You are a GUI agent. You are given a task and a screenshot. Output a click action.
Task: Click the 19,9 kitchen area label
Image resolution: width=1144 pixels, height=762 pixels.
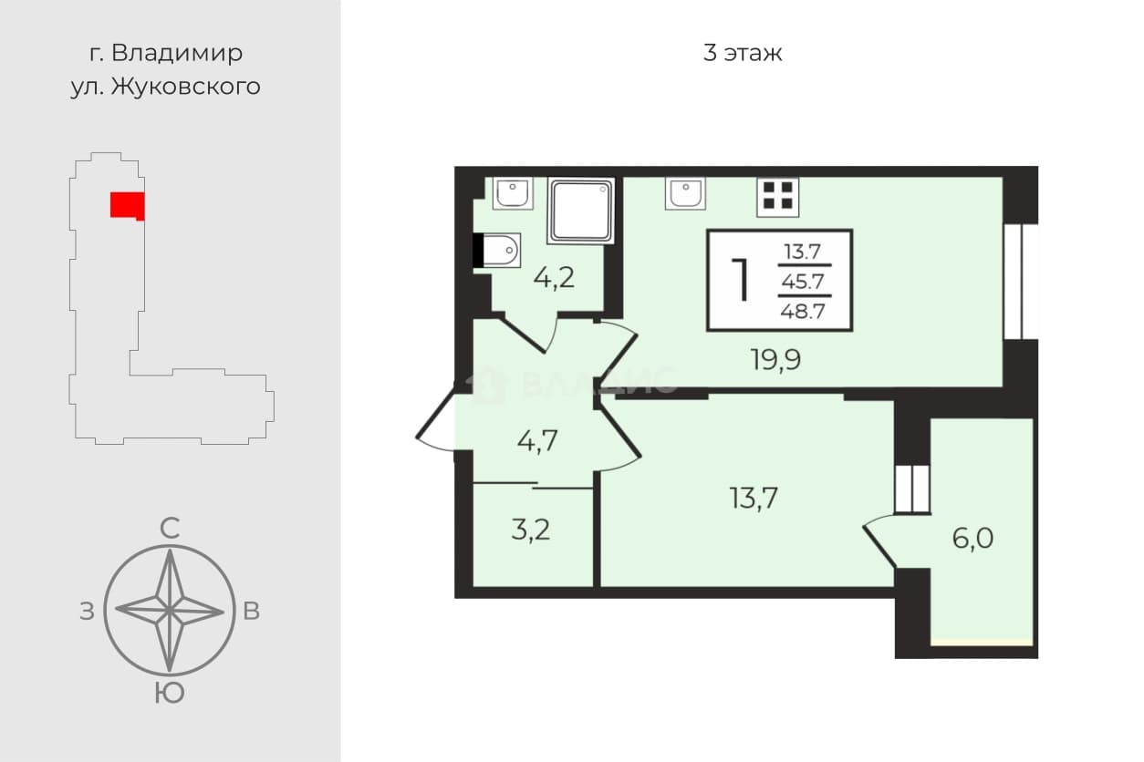pyautogui.click(x=775, y=360)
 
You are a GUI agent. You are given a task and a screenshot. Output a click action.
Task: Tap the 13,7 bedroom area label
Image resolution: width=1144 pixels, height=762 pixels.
pyautogui.click(x=754, y=499)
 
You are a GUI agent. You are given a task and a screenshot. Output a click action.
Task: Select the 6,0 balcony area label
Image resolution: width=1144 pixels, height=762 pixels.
pyautogui.click(x=972, y=538)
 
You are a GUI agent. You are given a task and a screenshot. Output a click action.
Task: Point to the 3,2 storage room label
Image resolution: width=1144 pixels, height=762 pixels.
pyautogui.click(x=531, y=530)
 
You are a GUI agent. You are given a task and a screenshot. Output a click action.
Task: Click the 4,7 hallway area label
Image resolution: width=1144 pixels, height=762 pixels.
pyautogui.click(x=536, y=441)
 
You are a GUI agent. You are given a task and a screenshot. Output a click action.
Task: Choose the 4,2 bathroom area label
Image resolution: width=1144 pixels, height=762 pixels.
pyautogui.click(x=554, y=278)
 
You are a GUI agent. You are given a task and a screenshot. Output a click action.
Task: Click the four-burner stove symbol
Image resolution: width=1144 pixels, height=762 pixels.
pyautogui.click(x=778, y=196)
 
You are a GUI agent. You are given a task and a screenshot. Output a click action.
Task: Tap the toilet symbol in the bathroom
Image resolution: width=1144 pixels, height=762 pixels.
pyautogui.click(x=496, y=250)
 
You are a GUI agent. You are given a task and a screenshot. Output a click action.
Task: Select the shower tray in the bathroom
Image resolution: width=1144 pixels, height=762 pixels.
pyautogui.click(x=581, y=211)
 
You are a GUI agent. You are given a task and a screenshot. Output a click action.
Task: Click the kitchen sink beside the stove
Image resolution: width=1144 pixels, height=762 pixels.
pyautogui.click(x=685, y=193)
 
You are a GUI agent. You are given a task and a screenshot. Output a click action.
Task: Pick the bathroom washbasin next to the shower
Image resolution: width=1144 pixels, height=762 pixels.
pyautogui.click(x=513, y=193)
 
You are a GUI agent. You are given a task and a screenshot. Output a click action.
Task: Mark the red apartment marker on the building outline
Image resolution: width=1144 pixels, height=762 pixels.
pyautogui.click(x=128, y=206)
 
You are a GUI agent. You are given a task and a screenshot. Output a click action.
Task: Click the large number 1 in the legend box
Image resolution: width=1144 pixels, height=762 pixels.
pyautogui.click(x=741, y=279)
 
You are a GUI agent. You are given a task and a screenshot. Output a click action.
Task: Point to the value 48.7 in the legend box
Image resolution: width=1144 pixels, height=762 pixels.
pyautogui.click(x=803, y=311)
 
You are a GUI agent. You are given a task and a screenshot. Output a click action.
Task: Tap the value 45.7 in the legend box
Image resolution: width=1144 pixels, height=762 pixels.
pyautogui.click(x=803, y=281)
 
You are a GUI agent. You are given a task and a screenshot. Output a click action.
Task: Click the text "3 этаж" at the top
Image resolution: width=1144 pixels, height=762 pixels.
pyautogui.click(x=743, y=53)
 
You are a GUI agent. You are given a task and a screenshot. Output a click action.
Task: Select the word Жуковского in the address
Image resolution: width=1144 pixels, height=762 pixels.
pyautogui.click(x=186, y=87)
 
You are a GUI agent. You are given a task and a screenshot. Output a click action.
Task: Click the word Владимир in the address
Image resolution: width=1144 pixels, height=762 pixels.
pyautogui.click(x=177, y=53)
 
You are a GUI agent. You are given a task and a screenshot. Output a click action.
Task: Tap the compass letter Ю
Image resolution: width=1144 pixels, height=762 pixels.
pyautogui.click(x=170, y=693)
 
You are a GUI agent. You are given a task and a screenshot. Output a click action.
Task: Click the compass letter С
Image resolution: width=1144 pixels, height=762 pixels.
pyautogui.click(x=170, y=529)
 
